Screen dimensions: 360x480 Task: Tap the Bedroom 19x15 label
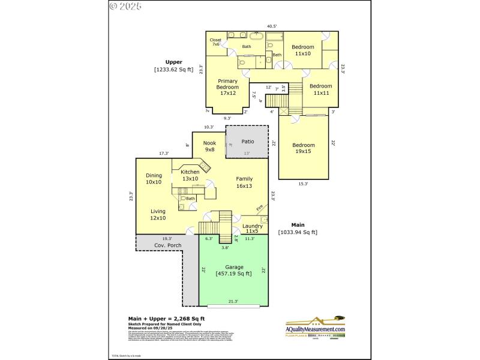click(x=304, y=148)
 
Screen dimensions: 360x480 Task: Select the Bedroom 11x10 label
click(x=303, y=50)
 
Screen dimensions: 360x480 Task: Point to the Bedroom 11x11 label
click(x=320, y=89)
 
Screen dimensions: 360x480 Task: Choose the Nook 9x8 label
click(x=209, y=146)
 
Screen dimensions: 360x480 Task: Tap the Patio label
click(x=248, y=142)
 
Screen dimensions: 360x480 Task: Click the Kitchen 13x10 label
click(x=190, y=175)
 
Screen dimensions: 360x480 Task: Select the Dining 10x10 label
click(x=154, y=179)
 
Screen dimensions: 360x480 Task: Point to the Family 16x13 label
click(x=244, y=182)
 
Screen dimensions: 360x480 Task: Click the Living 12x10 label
click(x=158, y=215)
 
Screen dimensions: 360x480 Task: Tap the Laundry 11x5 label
click(x=252, y=229)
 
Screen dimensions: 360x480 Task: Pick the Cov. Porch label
click(x=167, y=245)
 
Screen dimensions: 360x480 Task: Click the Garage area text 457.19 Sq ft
click(x=234, y=274)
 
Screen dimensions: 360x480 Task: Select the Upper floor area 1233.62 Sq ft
click(x=174, y=70)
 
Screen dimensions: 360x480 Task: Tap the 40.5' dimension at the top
click(x=272, y=26)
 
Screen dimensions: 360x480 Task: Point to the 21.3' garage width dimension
click(x=233, y=301)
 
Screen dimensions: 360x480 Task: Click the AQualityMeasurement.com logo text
click(x=315, y=329)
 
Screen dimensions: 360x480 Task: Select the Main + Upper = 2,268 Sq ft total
click(x=166, y=319)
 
